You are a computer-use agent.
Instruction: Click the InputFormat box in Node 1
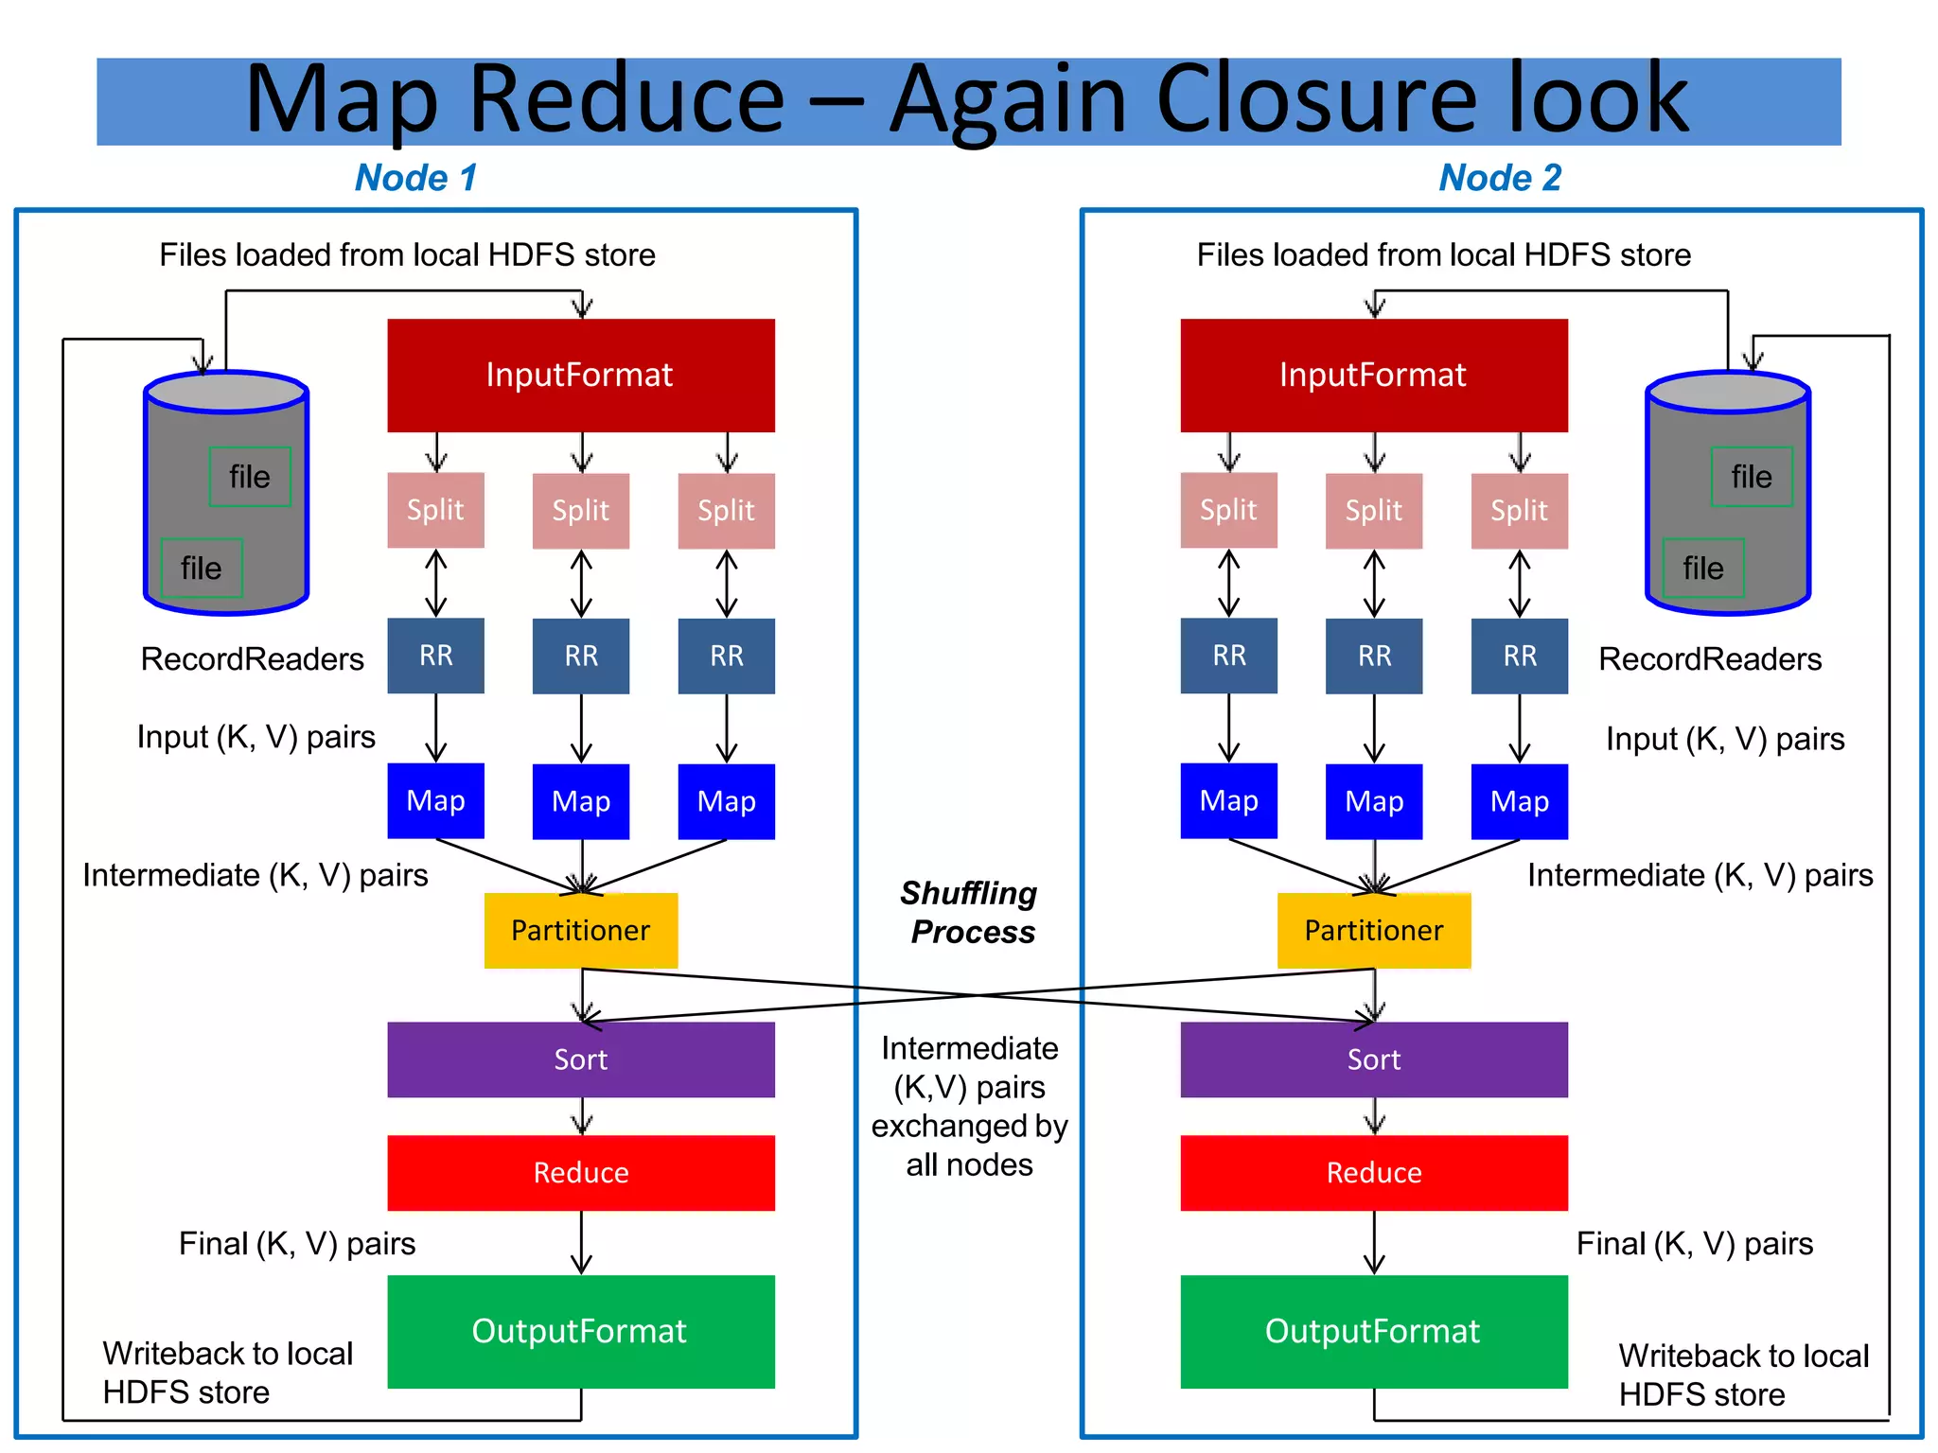pos(580,376)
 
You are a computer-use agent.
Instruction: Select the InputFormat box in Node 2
pos(1373,376)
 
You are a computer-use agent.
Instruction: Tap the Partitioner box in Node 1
pos(580,930)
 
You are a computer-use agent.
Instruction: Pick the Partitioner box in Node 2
pos(1373,930)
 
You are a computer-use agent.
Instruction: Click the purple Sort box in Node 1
pos(580,1059)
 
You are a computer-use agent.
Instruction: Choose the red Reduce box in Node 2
pos(1373,1173)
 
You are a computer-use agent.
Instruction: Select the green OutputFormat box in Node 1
pos(580,1331)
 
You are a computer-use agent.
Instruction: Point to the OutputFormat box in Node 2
pos(1373,1331)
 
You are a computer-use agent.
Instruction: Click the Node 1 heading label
pos(416,178)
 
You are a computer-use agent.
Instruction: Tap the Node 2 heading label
pos(1500,178)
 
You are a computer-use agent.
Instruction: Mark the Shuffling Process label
pos(970,913)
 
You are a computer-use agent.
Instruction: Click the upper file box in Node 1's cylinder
pos(250,477)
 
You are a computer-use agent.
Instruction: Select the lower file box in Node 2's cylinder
pos(1703,568)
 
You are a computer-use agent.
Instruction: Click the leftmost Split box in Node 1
pos(435,511)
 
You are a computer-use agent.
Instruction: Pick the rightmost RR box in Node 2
pos(1520,656)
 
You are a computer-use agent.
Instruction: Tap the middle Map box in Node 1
pos(581,801)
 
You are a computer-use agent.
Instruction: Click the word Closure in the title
pos(1315,99)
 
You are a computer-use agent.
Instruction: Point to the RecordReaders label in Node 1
pos(253,659)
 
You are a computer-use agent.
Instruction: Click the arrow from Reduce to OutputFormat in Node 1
pos(581,1242)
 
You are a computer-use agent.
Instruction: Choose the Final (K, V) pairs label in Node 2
pos(1695,1243)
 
